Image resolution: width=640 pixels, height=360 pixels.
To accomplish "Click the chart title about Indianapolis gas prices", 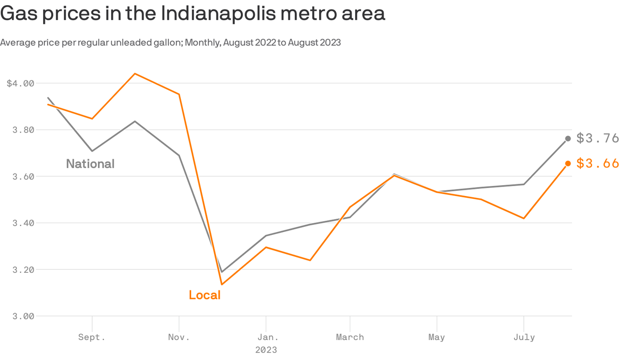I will [x=193, y=13].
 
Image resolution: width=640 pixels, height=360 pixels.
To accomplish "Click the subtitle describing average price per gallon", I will [x=171, y=43].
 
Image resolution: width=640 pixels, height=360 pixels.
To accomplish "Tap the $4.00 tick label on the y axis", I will [x=21, y=84].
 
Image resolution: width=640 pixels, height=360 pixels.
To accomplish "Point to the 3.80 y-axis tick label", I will [x=24, y=130].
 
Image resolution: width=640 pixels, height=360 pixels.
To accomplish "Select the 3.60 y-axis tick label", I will [x=24, y=177].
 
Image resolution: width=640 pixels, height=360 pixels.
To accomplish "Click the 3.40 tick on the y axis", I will [x=24, y=223].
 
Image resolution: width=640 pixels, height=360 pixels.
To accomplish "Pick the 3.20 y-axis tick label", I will [x=24, y=270].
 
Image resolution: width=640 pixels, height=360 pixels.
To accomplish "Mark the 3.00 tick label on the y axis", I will [x=24, y=316].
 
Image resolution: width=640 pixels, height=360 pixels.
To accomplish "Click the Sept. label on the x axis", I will [x=92, y=337].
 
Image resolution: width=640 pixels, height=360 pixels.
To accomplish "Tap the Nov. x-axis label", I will [x=179, y=337].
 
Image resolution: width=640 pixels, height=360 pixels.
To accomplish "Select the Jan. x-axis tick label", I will [x=266, y=337].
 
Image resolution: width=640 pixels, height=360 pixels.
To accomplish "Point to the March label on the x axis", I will [x=350, y=337].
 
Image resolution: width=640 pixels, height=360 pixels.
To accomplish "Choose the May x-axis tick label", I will [x=437, y=337].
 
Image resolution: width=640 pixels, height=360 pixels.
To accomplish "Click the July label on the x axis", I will [x=523, y=337].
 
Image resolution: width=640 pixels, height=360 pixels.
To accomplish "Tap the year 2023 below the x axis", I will [x=266, y=350].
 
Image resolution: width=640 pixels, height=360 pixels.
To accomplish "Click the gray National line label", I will [x=90, y=164].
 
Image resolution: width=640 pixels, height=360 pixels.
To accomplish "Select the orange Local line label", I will [x=205, y=295].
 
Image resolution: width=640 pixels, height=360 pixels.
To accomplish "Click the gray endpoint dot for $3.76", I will [x=568, y=138].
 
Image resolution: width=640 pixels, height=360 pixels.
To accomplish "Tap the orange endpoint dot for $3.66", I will [x=568, y=163].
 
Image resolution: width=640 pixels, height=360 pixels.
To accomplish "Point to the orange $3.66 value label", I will [x=598, y=163].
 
